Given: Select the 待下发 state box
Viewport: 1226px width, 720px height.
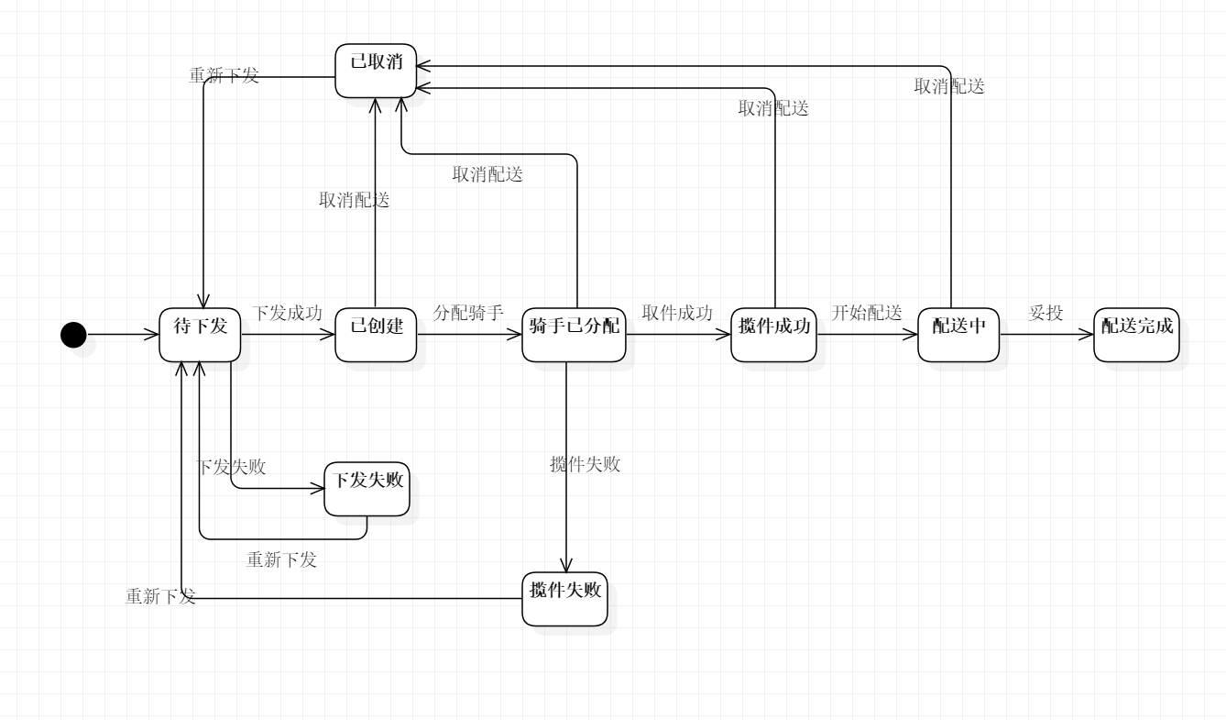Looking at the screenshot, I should tap(200, 335).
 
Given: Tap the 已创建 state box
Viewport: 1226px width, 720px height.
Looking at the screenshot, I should tap(376, 335).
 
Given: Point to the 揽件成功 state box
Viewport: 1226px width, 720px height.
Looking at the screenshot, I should tap(774, 335).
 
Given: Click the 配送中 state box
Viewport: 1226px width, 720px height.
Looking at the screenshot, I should tap(958, 335).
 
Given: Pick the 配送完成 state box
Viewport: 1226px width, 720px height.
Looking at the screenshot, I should tap(1136, 335).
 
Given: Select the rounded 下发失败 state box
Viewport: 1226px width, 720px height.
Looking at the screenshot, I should tap(367, 489).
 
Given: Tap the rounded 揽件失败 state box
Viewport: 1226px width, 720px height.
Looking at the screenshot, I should tap(564, 598).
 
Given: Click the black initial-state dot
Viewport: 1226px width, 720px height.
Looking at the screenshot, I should tap(73, 335).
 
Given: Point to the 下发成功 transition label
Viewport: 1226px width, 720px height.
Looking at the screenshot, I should tap(287, 313).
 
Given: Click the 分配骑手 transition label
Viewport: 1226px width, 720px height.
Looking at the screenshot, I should tap(468, 313).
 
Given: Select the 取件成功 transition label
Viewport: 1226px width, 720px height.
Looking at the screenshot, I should tap(677, 313).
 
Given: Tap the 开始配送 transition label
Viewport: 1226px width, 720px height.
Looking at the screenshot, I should tap(867, 313).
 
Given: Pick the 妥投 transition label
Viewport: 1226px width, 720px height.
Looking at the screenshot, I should tap(1045, 313).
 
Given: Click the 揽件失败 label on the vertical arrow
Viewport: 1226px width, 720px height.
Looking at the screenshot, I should tap(585, 464).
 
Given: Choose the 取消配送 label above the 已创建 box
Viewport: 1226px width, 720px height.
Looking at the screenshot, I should tap(354, 200).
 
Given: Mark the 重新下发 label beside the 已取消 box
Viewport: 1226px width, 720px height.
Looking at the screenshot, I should tap(224, 75).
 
